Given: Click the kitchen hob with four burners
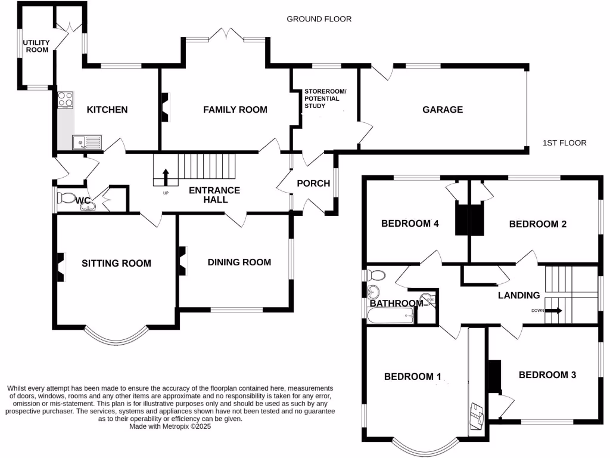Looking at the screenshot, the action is coord(66,100).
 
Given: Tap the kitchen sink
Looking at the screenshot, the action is coord(87,143).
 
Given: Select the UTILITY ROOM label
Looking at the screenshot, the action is coord(36,46).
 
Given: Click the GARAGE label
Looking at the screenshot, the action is coord(443,110).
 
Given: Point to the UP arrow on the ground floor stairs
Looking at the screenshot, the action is coord(166,177).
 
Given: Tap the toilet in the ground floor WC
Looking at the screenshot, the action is coord(66,197).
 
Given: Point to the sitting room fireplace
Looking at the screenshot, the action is coord(61,267).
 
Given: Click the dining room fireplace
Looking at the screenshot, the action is coord(183,261).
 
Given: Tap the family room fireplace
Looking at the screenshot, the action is coord(166,107).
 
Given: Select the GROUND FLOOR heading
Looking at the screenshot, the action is coord(319,19).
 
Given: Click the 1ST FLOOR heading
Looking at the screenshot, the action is coord(565,143).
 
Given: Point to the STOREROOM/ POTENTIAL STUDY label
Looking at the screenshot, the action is coord(325,98).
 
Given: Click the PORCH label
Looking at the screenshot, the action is coord(313,184).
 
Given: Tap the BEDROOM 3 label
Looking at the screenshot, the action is coord(547,375).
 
